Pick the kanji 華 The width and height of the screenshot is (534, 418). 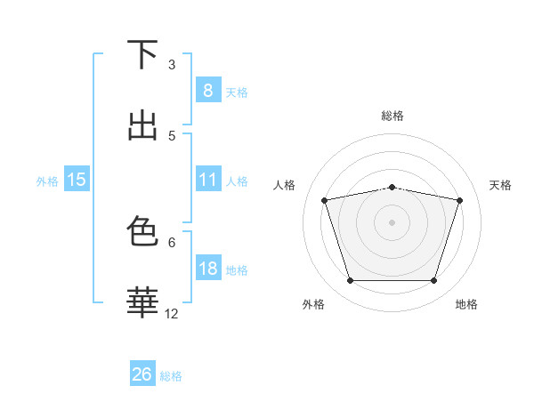tap(142, 302)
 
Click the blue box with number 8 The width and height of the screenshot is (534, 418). tap(207, 90)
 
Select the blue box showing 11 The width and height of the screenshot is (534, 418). tap(207, 180)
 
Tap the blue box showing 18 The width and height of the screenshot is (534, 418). tap(207, 269)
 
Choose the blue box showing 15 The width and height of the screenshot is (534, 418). tap(77, 180)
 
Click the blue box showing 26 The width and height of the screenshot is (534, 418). tap(142, 374)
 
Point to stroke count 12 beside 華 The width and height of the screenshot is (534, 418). tap(172, 313)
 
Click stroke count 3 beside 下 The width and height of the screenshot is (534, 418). tap(172, 65)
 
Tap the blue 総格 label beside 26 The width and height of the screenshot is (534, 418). tap(171, 376)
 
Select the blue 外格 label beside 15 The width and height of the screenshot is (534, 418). tap(47, 181)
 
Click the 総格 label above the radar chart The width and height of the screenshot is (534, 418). tap(392, 116)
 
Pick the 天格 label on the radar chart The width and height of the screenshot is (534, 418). tap(500, 185)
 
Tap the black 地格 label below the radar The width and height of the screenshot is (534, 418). tap(466, 304)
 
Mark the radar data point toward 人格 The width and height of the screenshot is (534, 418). tap(325, 200)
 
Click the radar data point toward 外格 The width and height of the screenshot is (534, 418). tap(350, 281)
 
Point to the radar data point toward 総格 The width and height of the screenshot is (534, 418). tap(392, 188)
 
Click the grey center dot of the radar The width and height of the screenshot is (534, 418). tap(392, 222)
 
